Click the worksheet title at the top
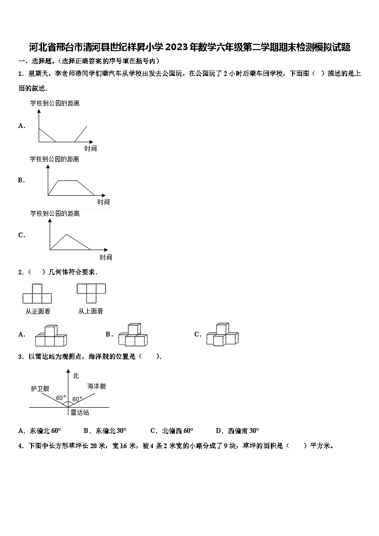point(189,47)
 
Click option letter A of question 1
point(21,126)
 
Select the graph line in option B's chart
point(72,181)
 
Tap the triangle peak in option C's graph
point(67,234)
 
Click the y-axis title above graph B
point(54,159)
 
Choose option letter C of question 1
point(21,235)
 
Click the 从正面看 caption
point(38,311)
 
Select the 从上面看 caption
point(91,311)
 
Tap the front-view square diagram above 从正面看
point(37,294)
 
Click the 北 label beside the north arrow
point(75,376)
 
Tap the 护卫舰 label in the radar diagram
point(40,389)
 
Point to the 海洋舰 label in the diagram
point(96,386)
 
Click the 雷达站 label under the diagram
point(79,412)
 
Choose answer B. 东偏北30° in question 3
point(105,431)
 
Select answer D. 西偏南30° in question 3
point(237,431)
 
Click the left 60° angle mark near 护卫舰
point(61,398)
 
